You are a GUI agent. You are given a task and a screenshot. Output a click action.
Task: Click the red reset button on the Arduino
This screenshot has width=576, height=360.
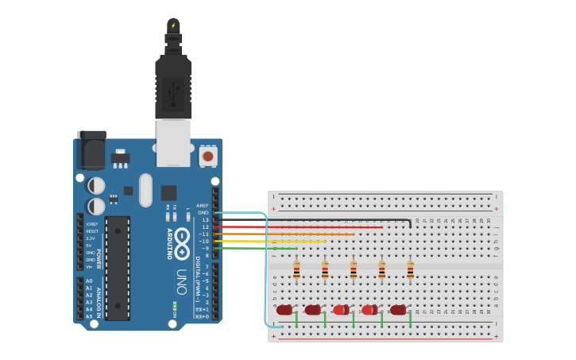pyautogui.click(x=208, y=157)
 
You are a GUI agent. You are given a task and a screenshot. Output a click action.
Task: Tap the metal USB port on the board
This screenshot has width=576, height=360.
pyautogui.click(x=173, y=143)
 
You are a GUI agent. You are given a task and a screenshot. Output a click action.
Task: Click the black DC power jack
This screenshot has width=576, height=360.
pyautogui.click(x=91, y=149)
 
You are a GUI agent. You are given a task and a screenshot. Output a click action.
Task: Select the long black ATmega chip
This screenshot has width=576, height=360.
pyautogui.click(x=118, y=268)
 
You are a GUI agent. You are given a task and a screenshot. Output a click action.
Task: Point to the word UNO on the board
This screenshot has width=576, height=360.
pyautogui.click(x=182, y=280)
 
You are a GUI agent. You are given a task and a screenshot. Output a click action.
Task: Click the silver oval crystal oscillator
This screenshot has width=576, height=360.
pyautogui.click(x=145, y=190)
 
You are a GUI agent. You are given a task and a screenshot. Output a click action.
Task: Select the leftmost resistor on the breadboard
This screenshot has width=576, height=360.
pyautogui.click(x=296, y=271)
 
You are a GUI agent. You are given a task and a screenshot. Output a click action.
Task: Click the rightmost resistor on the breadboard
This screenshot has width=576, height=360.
pyautogui.click(x=410, y=271)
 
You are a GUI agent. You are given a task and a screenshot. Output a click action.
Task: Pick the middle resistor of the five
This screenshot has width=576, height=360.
pyautogui.click(x=354, y=271)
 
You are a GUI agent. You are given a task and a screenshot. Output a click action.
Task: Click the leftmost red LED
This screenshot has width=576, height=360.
pyautogui.click(x=284, y=310)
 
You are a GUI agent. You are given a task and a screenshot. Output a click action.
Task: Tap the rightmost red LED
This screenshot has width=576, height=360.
pyautogui.click(x=398, y=310)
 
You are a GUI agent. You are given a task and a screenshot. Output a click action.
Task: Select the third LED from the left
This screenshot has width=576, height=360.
pyautogui.click(x=341, y=310)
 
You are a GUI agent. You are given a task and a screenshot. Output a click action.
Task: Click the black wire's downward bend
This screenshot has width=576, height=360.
pyautogui.click(x=409, y=222)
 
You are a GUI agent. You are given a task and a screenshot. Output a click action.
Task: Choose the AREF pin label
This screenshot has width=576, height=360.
pyautogui.click(x=203, y=205)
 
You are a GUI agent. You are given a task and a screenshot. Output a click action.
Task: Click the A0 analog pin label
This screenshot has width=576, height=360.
pyautogui.click(x=89, y=281)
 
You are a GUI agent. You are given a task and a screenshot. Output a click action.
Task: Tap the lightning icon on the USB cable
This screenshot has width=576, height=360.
pyautogui.click(x=173, y=25)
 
